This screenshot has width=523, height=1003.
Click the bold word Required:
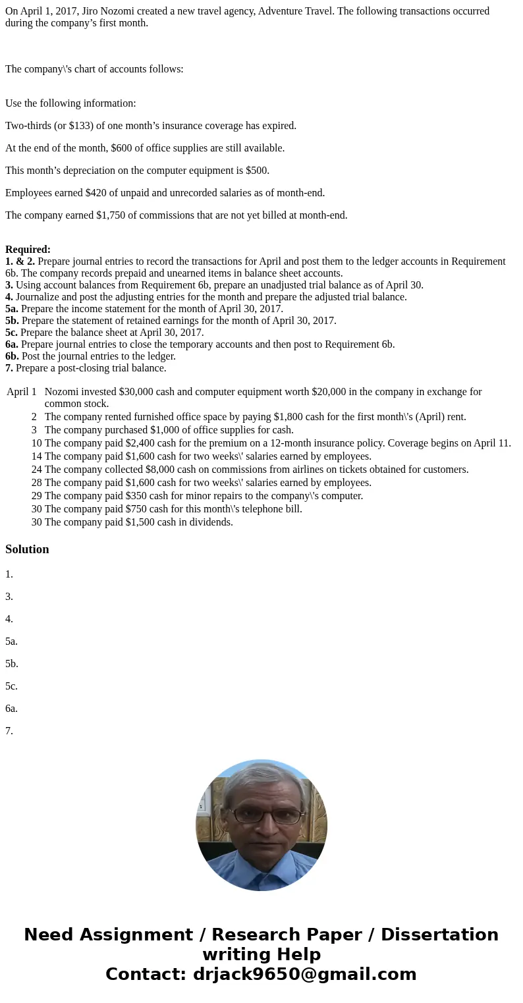28,250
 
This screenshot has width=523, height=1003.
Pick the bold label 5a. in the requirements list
11,309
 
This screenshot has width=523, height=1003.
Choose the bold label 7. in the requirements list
9,368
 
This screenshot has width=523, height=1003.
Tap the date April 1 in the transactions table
22,392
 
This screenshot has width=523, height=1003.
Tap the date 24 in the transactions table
36,470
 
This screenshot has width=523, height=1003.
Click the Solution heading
27,549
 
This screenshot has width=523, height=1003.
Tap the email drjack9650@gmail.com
304,974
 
